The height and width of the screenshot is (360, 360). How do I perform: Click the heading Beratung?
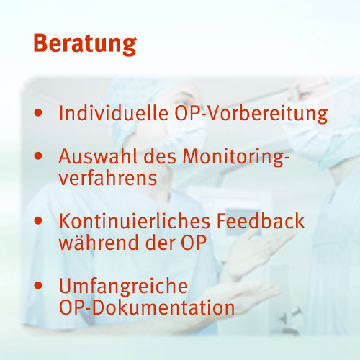tap(85, 44)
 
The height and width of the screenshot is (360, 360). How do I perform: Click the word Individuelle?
tap(114, 113)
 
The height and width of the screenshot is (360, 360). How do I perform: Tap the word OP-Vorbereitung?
tap(251, 114)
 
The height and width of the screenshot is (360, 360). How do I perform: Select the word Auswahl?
tap(98, 156)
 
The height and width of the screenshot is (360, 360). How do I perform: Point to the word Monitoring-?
tap(236, 157)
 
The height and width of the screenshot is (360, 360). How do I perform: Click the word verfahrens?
tap(108, 178)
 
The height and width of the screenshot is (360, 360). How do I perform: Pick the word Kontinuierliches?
tap(135, 221)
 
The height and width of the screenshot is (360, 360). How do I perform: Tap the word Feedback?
tap(261, 221)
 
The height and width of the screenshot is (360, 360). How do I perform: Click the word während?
tap(99, 243)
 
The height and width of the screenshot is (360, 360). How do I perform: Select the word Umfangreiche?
tap(123, 286)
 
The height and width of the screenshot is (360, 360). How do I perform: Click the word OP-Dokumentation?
tap(147, 307)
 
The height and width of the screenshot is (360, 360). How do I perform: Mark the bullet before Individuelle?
tap(38, 113)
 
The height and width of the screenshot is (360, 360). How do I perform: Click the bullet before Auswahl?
tap(38, 156)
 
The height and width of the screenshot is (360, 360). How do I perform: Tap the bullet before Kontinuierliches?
tap(38, 221)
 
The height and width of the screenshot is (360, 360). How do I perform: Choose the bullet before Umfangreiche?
tap(38, 286)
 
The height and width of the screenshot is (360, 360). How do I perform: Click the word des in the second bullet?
tap(160, 156)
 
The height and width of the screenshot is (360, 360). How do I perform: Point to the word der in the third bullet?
tap(160, 243)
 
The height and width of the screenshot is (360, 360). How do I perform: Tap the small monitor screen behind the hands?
tap(243, 221)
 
